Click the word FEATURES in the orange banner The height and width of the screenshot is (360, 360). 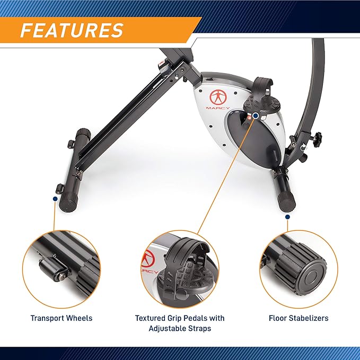click(x=72, y=30)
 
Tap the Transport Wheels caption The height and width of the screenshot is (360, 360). click(x=61, y=318)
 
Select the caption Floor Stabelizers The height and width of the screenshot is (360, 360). click(x=298, y=318)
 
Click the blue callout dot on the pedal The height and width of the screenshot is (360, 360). click(x=256, y=115)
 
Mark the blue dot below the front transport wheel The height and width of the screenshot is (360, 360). click(x=55, y=198)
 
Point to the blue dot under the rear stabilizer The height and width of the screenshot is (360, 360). click(x=287, y=216)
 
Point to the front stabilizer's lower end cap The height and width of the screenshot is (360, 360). click(x=68, y=204)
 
